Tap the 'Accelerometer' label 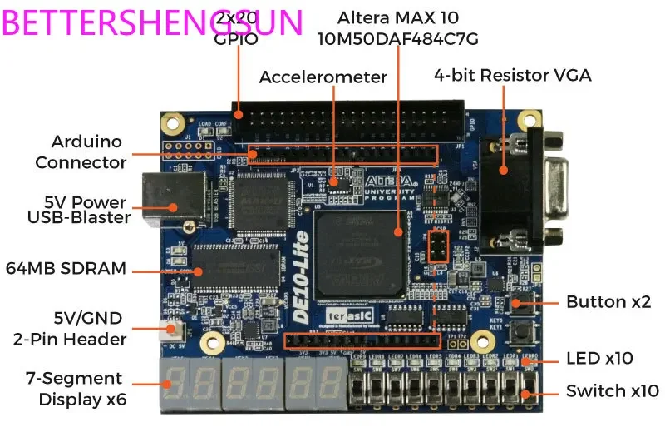[323, 77]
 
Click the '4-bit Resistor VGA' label [512, 76]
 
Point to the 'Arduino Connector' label [81, 151]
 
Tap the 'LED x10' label [599, 359]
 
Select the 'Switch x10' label [612, 390]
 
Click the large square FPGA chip [359, 253]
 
